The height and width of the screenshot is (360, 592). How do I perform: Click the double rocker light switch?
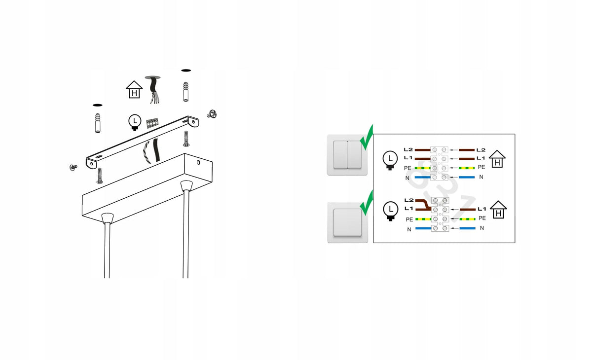347,155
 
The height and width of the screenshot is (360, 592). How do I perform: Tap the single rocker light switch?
347,222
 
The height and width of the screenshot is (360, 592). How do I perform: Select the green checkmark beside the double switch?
366,138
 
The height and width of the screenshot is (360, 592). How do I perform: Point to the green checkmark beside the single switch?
366,203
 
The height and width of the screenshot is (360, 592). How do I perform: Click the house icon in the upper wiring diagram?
497,159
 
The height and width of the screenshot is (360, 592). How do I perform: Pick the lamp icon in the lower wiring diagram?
391,211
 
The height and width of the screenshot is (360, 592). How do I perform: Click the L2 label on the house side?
481,150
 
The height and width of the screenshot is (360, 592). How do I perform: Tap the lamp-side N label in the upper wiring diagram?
407,178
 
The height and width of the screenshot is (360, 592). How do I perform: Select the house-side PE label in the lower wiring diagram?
482,218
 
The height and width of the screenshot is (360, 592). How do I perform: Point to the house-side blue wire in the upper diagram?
467,177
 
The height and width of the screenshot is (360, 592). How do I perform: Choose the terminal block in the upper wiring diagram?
439,163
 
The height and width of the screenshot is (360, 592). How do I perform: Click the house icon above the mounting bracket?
134,90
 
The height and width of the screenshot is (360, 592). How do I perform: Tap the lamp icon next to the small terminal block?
135,122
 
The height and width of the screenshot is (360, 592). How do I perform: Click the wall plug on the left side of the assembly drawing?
98,123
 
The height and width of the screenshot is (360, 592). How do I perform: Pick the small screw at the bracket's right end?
212,114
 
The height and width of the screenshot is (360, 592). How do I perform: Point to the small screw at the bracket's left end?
73,167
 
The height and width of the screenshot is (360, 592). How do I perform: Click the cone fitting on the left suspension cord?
108,218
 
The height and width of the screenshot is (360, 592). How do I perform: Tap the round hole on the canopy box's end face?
198,162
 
